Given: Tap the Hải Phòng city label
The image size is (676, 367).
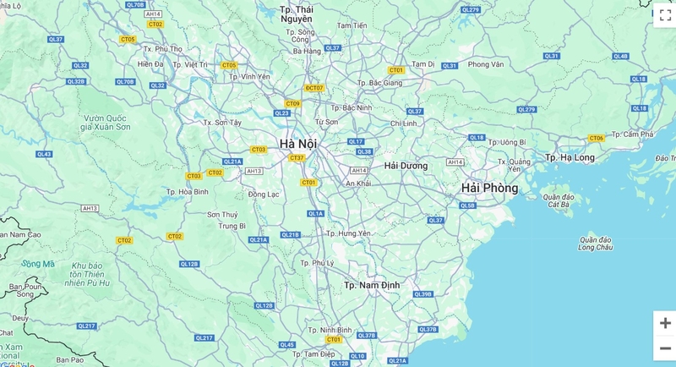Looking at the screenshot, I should (489, 188).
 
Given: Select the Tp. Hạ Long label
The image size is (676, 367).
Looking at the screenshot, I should (570, 157).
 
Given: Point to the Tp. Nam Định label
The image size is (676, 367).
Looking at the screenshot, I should (371, 286).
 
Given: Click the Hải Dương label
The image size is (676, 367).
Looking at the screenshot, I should (406, 166).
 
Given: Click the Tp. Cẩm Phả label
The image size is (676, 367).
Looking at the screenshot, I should (633, 134).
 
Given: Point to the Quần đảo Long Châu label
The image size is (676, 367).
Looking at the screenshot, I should (595, 244).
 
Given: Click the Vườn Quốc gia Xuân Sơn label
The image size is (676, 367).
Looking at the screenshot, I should (106, 122).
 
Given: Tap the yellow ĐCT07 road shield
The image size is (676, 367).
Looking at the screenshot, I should (314, 88).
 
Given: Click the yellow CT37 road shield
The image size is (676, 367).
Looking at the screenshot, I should (297, 157).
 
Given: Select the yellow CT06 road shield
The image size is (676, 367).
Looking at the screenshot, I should (597, 138).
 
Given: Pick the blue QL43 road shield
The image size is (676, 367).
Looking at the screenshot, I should (44, 154).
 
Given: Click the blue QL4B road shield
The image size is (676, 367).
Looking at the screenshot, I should (621, 56).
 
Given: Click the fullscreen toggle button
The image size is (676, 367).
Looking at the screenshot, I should (664, 15).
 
